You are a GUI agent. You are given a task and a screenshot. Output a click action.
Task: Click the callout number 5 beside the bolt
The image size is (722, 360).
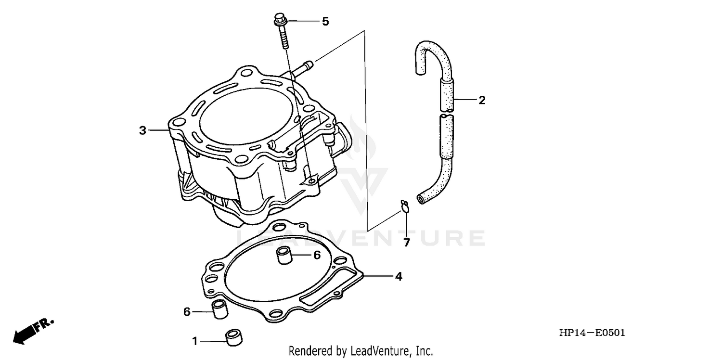tap(325, 22)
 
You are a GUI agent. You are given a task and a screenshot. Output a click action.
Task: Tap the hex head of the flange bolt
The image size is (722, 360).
tap(280, 20)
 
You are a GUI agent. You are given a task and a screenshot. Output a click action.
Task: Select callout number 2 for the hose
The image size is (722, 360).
tap(481, 100)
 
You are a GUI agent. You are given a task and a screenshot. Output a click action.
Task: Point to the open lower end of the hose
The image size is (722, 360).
tap(422, 199)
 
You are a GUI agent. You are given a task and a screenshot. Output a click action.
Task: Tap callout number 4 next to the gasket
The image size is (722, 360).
tap(399, 277)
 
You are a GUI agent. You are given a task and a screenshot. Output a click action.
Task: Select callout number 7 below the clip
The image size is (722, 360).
tap(407, 243)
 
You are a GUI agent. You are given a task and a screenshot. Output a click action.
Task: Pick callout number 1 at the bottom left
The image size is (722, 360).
tap(195, 341)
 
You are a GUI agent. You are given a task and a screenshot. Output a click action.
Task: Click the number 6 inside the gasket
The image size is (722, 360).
tap(317, 256)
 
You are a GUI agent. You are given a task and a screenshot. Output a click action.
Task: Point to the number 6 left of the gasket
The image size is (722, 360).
tap(187, 312)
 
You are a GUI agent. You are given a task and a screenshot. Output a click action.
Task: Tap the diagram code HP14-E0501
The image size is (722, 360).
tap(592, 333)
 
